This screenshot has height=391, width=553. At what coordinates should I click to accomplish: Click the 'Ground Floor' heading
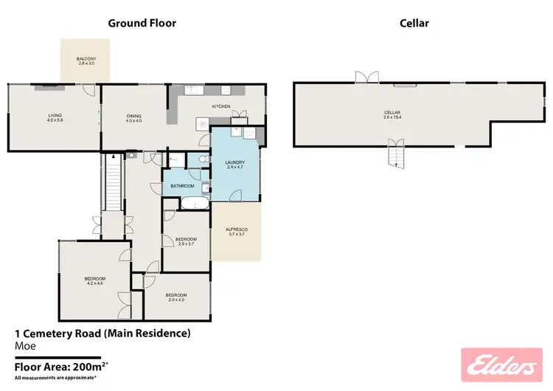[x=142, y=23]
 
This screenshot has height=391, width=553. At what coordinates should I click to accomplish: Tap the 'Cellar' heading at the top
[x=414, y=23]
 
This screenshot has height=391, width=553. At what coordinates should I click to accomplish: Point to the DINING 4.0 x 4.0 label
[x=133, y=117]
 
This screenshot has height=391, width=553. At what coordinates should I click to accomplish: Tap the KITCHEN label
[x=221, y=107]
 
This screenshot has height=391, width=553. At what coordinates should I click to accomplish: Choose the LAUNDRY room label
[x=235, y=165]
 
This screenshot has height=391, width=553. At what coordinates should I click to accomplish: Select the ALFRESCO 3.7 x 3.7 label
[x=236, y=232]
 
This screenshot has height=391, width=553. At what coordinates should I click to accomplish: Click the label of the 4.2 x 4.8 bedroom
[x=94, y=280]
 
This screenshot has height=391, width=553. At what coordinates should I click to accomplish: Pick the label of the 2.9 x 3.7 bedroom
[x=186, y=241]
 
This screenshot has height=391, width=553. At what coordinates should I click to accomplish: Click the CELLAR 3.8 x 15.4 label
[x=395, y=114]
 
